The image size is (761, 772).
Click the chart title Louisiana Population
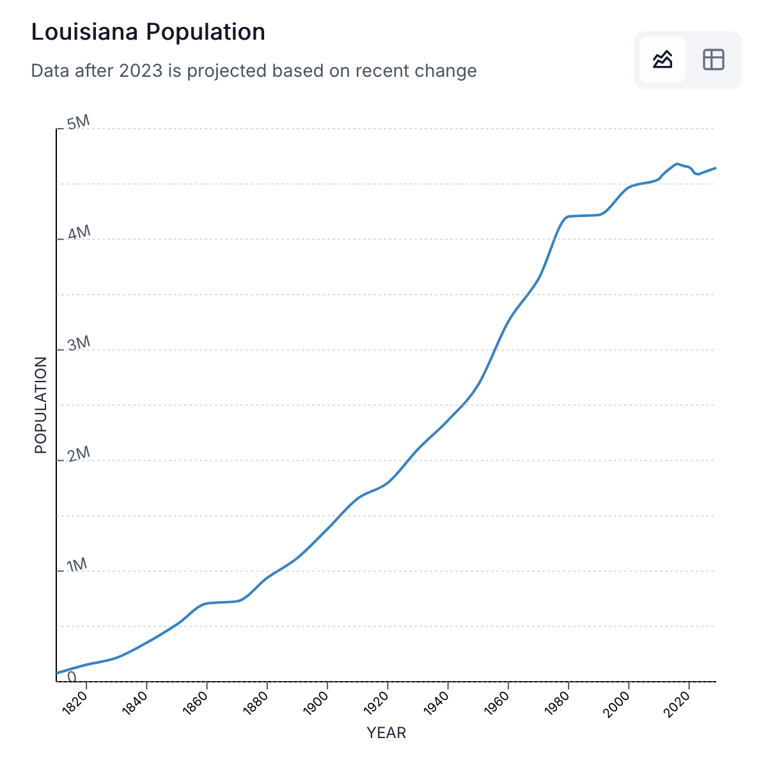point(148,32)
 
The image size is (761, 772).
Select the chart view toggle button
point(663,60)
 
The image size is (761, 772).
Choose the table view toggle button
point(713,60)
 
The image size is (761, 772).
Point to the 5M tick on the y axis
point(79,122)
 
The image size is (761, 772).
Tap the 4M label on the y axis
point(79,233)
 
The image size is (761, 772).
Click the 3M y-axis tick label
point(79,344)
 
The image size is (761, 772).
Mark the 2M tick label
point(79,454)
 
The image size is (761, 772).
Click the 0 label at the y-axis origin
point(72,676)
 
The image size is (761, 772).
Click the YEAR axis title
point(386,733)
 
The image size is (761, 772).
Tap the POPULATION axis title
point(41,405)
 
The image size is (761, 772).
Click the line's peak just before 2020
point(677,164)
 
